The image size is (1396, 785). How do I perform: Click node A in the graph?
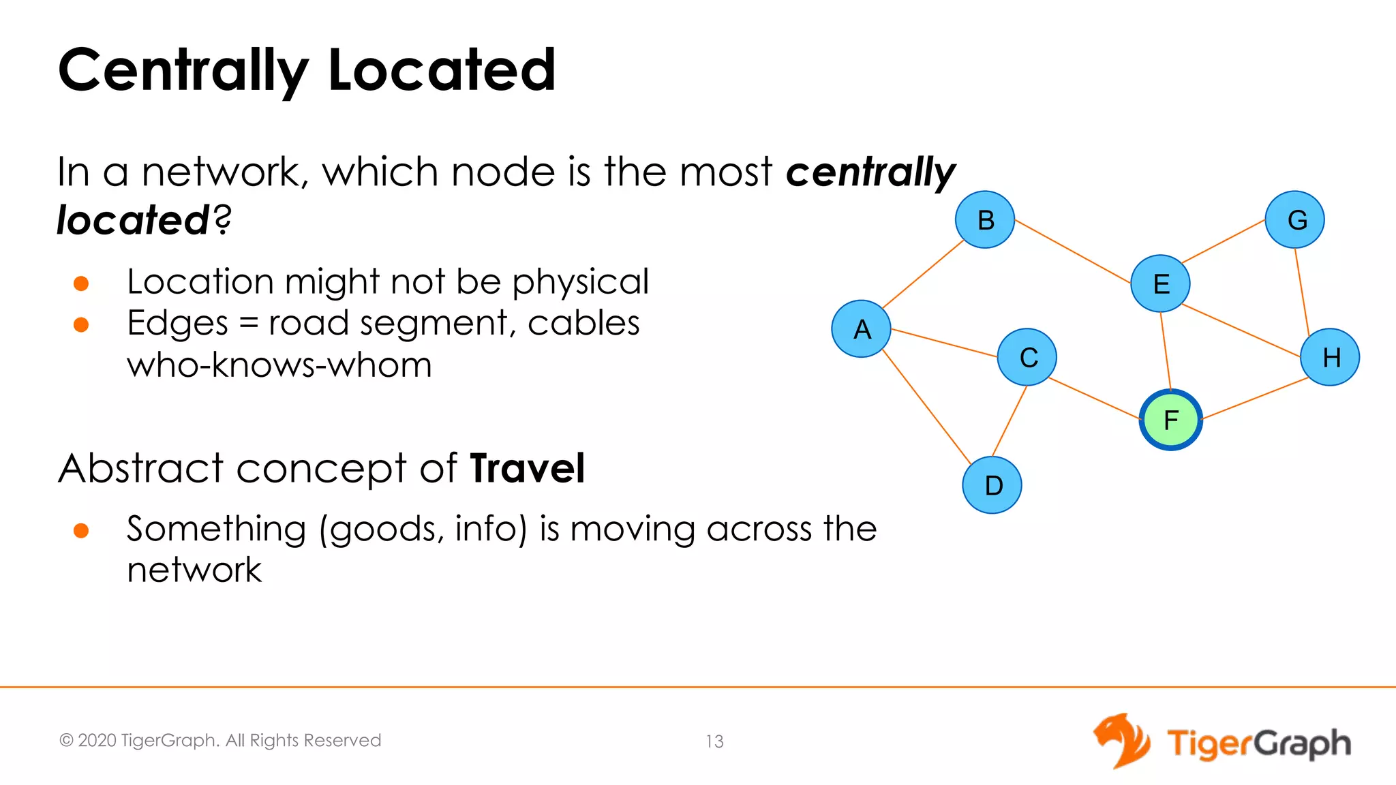862,329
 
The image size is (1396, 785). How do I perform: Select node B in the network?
985,220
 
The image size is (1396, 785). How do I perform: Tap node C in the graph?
1027,357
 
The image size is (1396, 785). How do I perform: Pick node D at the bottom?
992,485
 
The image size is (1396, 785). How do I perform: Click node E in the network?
1160,283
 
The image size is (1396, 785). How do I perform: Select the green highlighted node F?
1170,420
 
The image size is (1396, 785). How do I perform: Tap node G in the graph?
1295,219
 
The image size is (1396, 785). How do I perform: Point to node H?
1330,357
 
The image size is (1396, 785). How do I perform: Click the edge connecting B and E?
1073,251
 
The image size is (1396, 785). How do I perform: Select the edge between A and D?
926,407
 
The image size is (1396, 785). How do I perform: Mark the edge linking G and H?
1302,291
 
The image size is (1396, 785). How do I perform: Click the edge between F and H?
1254,399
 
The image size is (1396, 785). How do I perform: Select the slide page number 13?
714,741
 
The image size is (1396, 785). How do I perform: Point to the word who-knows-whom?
279,365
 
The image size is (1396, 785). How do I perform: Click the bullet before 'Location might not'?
81,283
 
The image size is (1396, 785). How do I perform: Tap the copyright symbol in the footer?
66,741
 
